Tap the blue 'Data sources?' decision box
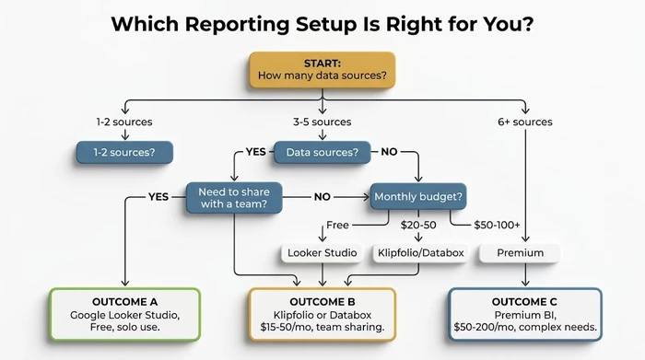[322, 151]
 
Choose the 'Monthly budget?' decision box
[416, 196]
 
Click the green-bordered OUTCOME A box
[123, 314]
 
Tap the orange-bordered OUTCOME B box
[322, 314]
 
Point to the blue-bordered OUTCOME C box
[524, 314]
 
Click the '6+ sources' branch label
[526, 122]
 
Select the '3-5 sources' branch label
[322, 122]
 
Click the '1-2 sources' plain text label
[123, 122]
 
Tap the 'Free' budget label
[338, 225]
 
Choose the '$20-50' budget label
[416, 225]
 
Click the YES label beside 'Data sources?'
[256, 151]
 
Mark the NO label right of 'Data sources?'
[390, 151]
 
